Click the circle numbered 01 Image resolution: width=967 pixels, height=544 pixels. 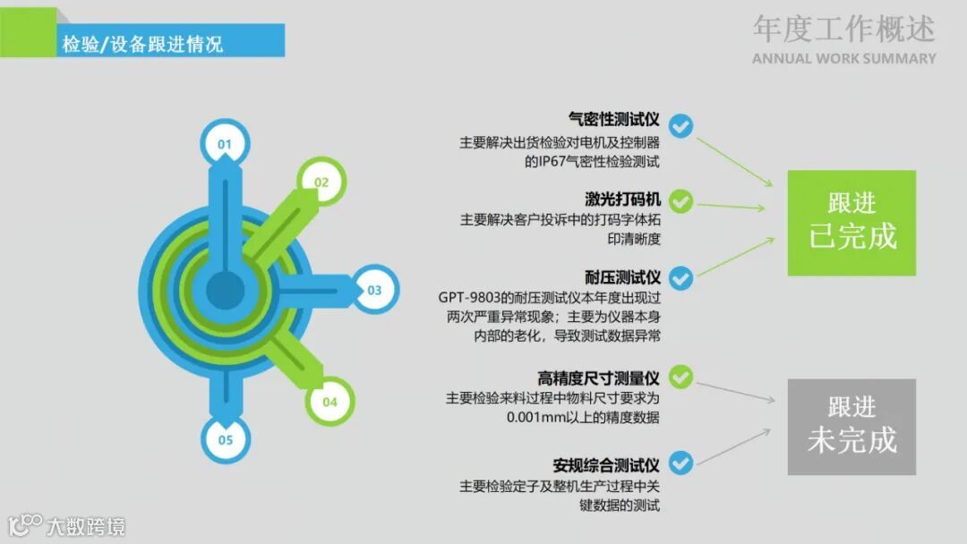click(224, 143)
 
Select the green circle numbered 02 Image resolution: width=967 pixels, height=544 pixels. click(321, 182)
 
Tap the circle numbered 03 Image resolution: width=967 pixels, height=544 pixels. click(374, 290)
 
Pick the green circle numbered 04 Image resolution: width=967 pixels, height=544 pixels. click(329, 402)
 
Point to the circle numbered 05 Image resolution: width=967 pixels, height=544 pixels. click(225, 439)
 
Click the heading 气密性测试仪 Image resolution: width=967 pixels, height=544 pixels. click(614, 119)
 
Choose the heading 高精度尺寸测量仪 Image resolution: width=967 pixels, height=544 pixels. click(598, 378)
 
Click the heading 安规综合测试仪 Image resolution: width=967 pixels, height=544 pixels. click(606, 465)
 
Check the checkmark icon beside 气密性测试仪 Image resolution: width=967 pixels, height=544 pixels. click(681, 126)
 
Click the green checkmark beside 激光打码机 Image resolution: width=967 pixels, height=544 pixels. click(681, 202)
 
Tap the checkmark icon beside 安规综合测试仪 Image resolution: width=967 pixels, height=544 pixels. click(681, 463)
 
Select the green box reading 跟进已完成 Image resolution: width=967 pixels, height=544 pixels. click(851, 223)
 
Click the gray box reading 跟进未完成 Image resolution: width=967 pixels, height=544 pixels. click(851, 426)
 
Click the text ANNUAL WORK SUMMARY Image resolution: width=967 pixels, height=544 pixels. click(843, 59)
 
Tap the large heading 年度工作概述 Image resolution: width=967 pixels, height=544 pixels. click(843, 29)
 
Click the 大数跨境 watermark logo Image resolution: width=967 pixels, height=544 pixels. click(67, 525)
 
